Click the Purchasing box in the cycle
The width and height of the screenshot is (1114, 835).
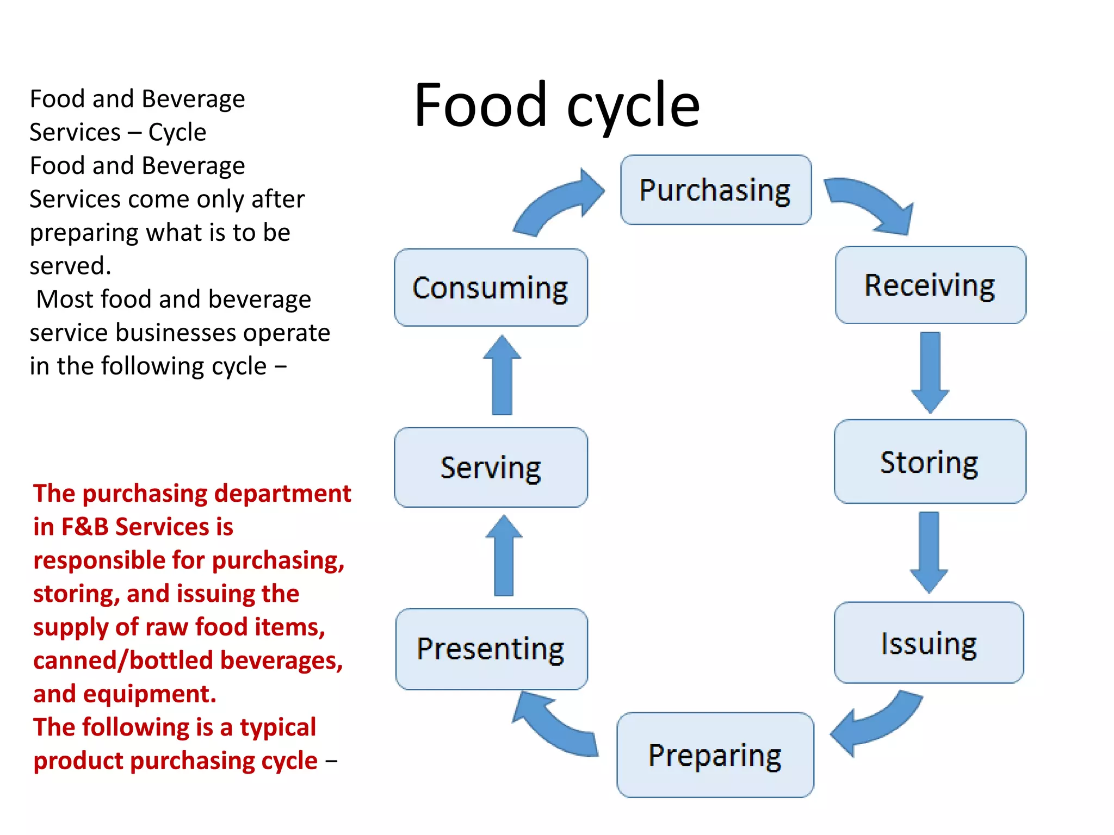tap(715, 190)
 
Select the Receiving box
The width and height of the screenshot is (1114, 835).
tap(930, 285)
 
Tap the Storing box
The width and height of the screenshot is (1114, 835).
tap(930, 462)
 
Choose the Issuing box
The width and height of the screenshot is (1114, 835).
tap(929, 643)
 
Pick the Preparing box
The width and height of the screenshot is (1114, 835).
tap(715, 755)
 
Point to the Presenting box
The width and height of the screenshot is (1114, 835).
tap(491, 649)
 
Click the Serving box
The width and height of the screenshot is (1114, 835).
tap(491, 467)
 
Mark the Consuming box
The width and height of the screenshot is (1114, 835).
tap(491, 288)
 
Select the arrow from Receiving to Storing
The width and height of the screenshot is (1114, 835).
tap(930, 372)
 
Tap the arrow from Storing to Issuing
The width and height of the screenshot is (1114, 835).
tap(929, 551)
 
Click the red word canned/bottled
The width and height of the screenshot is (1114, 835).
tap(123, 660)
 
